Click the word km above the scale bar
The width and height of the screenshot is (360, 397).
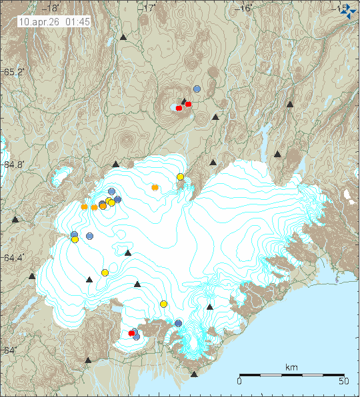coord(291,368)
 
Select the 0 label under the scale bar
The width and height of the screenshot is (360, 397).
coord(239,382)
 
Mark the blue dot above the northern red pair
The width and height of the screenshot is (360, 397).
coord(197,89)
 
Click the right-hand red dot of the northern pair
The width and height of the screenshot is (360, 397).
coord(189,104)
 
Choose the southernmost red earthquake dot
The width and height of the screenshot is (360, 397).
coord(132,333)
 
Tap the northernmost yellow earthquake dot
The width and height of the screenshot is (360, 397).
coord(180,177)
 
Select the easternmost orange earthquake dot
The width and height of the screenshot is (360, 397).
coord(155,187)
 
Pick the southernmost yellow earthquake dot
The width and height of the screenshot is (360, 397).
coord(163,304)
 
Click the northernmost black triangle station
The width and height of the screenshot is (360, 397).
coord(123,37)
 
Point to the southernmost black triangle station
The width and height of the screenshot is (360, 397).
coord(194,374)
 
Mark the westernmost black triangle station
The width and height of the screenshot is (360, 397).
coord(15,219)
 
